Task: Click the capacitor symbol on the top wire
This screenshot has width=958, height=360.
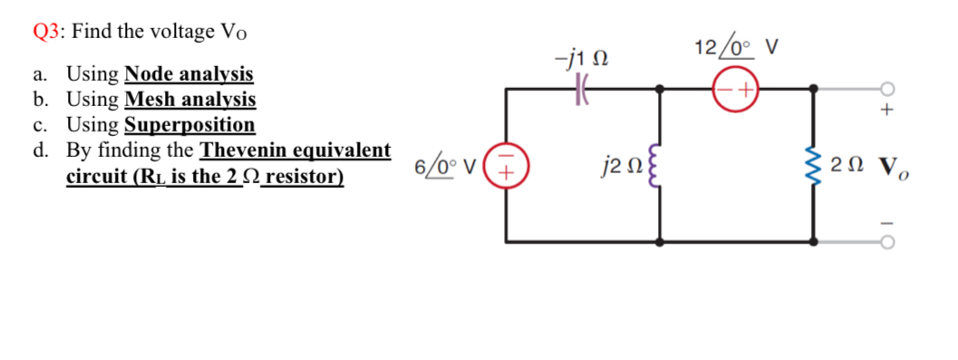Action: (581, 90)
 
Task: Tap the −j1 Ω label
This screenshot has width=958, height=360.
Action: (579, 60)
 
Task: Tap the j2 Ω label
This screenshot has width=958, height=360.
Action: (616, 167)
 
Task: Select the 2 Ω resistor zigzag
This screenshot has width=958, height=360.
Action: (813, 166)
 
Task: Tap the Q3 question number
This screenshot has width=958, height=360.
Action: (44, 31)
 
